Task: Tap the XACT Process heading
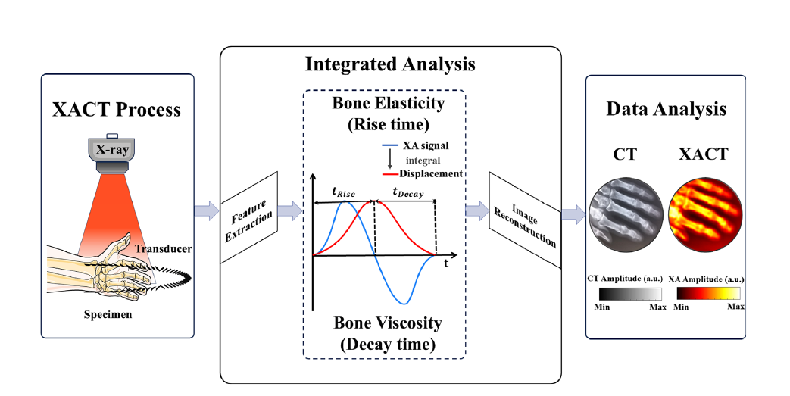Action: pyautogui.click(x=117, y=110)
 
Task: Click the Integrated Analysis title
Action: pyautogui.click(x=390, y=64)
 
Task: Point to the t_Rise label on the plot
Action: pyautogui.click(x=346, y=192)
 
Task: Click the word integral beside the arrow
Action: pyautogui.click(x=421, y=161)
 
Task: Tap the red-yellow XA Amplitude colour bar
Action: pyautogui.click(x=707, y=295)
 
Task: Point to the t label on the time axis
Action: pyautogui.click(x=446, y=265)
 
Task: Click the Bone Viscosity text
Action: pyautogui.click(x=389, y=323)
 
